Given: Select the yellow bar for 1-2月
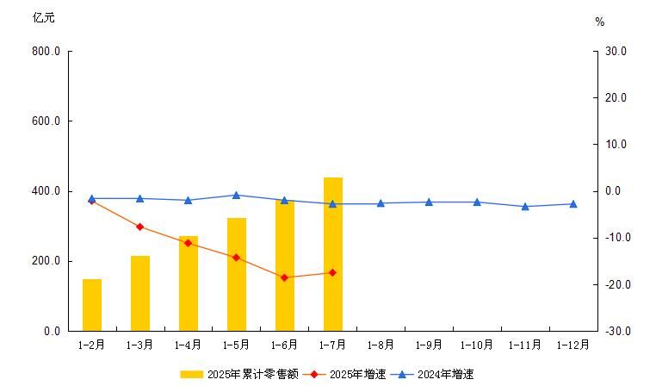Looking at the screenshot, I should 92,305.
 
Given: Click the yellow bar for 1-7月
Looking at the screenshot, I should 333,254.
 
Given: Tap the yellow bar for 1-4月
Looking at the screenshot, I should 189,283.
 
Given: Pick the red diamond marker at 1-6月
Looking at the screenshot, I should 285,277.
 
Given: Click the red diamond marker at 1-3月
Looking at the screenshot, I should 140,227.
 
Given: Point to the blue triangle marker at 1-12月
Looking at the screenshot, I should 573,204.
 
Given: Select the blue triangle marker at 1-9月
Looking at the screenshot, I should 429,202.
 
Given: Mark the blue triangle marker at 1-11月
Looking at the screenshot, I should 525,207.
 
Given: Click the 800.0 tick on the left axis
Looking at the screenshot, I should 46,52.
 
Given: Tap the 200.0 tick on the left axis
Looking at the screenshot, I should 46,261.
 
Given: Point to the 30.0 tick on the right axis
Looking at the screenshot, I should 616,52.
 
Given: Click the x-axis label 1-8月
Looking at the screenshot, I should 381,345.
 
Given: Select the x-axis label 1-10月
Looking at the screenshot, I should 477,345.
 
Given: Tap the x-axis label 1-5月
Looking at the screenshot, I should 237,345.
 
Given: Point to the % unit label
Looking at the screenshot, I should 600,22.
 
